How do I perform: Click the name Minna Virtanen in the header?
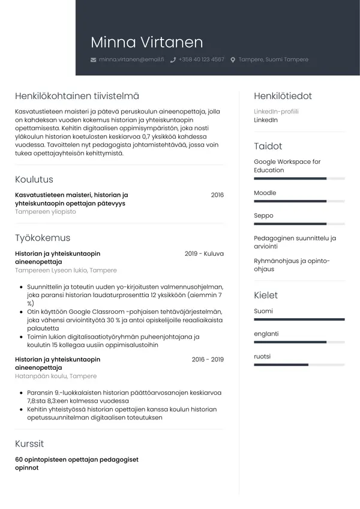[147, 42]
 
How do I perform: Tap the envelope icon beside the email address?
[93, 60]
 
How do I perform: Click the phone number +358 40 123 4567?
[201, 60]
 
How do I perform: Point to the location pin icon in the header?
[233, 60]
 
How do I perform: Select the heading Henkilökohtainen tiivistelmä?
[77, 96]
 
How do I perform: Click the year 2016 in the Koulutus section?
[217, 195]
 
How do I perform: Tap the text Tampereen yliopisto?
[46, 212]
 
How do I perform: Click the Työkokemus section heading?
[43, 238]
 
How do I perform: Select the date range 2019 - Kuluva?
[204, 254]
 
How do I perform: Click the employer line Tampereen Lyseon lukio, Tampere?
[66, 271]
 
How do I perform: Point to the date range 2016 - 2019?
[208, 360]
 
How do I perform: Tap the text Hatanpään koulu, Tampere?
[56, 376]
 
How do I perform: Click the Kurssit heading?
[29, 444]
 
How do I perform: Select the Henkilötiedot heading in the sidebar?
[283, 96]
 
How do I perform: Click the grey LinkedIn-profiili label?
[276, 112]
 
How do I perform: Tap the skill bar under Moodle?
[299, 201]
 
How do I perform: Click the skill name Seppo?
[263, 215]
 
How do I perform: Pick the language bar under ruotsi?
[299, 364]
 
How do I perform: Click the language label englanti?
[266, 334]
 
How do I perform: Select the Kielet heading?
[266, 295]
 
